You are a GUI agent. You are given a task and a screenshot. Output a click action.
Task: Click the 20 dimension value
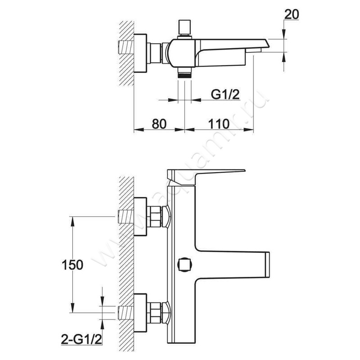(292, 14)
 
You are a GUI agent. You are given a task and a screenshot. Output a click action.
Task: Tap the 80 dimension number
(159, 124)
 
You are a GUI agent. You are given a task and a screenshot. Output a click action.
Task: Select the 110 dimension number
(219, 124)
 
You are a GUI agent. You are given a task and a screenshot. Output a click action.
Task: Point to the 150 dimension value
(72, 265)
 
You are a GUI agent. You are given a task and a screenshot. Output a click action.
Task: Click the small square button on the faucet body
(185, 265)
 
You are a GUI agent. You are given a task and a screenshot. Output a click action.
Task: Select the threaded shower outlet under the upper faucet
(185, 73)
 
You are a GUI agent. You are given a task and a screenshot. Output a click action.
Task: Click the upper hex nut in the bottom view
(154, 216)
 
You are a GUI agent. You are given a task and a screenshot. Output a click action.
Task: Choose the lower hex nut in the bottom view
(154, 313)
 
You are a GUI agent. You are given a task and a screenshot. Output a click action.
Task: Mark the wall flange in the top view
(140, 54)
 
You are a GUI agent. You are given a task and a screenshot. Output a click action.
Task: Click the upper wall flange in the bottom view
(140, 216)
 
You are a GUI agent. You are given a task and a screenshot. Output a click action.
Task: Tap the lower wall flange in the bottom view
(140, 313)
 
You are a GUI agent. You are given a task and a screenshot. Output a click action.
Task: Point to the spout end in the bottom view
(267, 265)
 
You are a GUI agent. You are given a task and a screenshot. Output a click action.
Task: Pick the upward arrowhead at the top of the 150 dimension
(72, 222)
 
